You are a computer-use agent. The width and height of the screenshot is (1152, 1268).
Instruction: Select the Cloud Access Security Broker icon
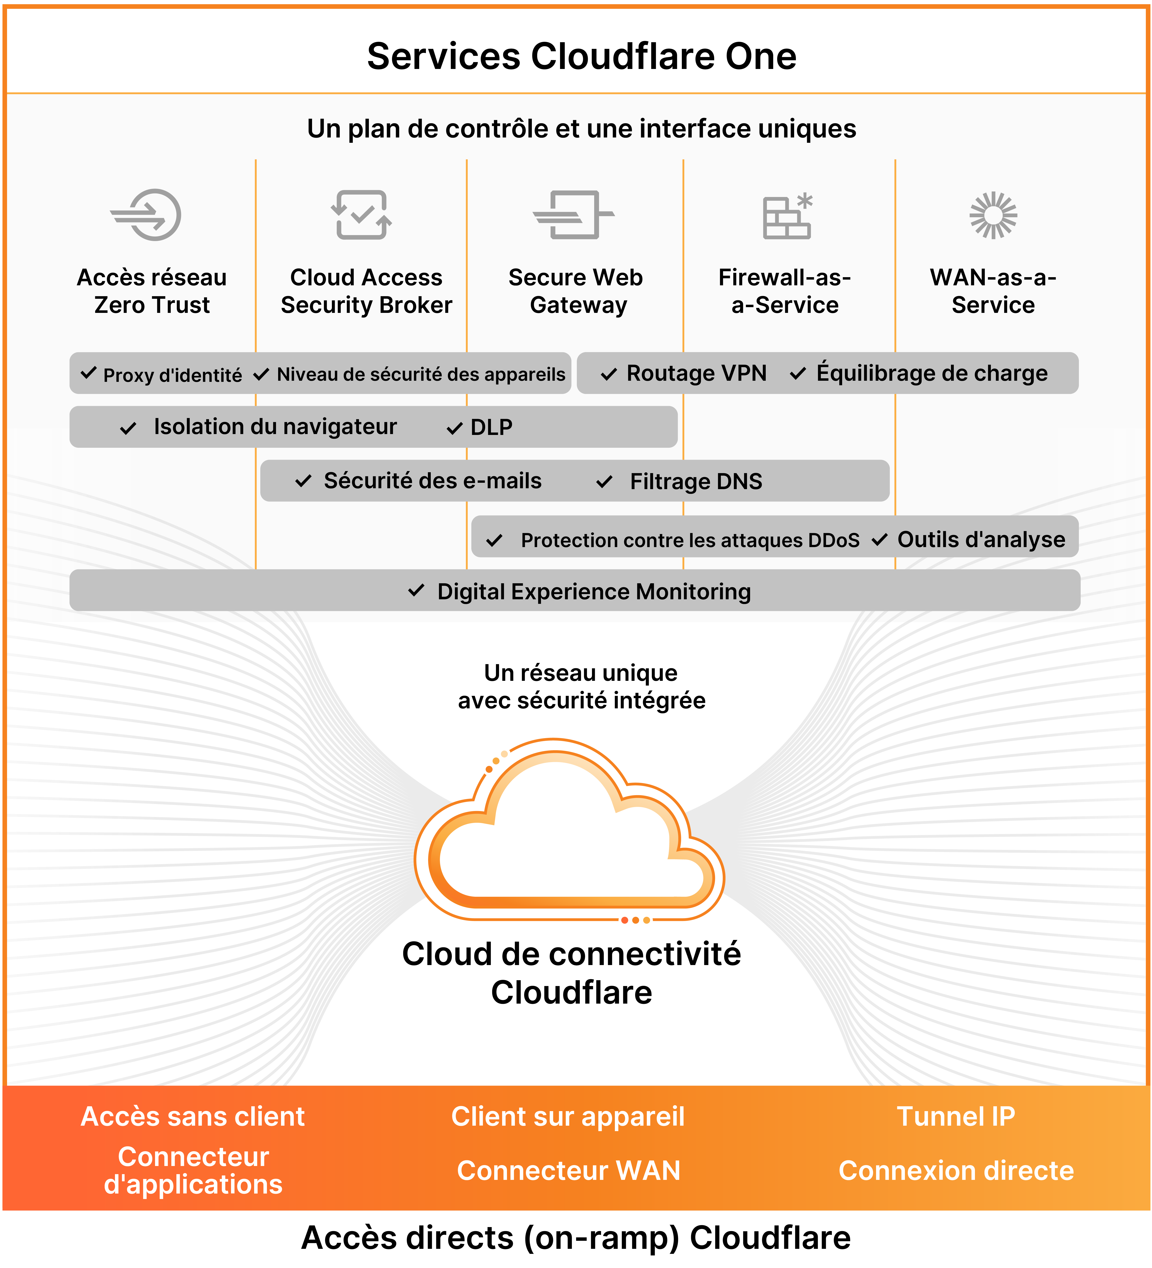362,215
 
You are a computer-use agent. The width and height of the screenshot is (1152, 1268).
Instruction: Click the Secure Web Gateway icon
573,215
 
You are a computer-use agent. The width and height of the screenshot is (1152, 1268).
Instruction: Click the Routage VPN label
696,374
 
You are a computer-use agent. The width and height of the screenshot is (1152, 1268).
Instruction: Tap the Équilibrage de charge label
931,374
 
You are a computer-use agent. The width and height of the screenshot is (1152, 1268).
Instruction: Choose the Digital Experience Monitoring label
594,592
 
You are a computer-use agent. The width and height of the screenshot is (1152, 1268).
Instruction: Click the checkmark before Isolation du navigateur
128,428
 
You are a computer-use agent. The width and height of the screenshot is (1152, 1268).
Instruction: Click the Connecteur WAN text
568,1171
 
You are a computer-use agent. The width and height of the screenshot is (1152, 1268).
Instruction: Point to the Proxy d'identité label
172,375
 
